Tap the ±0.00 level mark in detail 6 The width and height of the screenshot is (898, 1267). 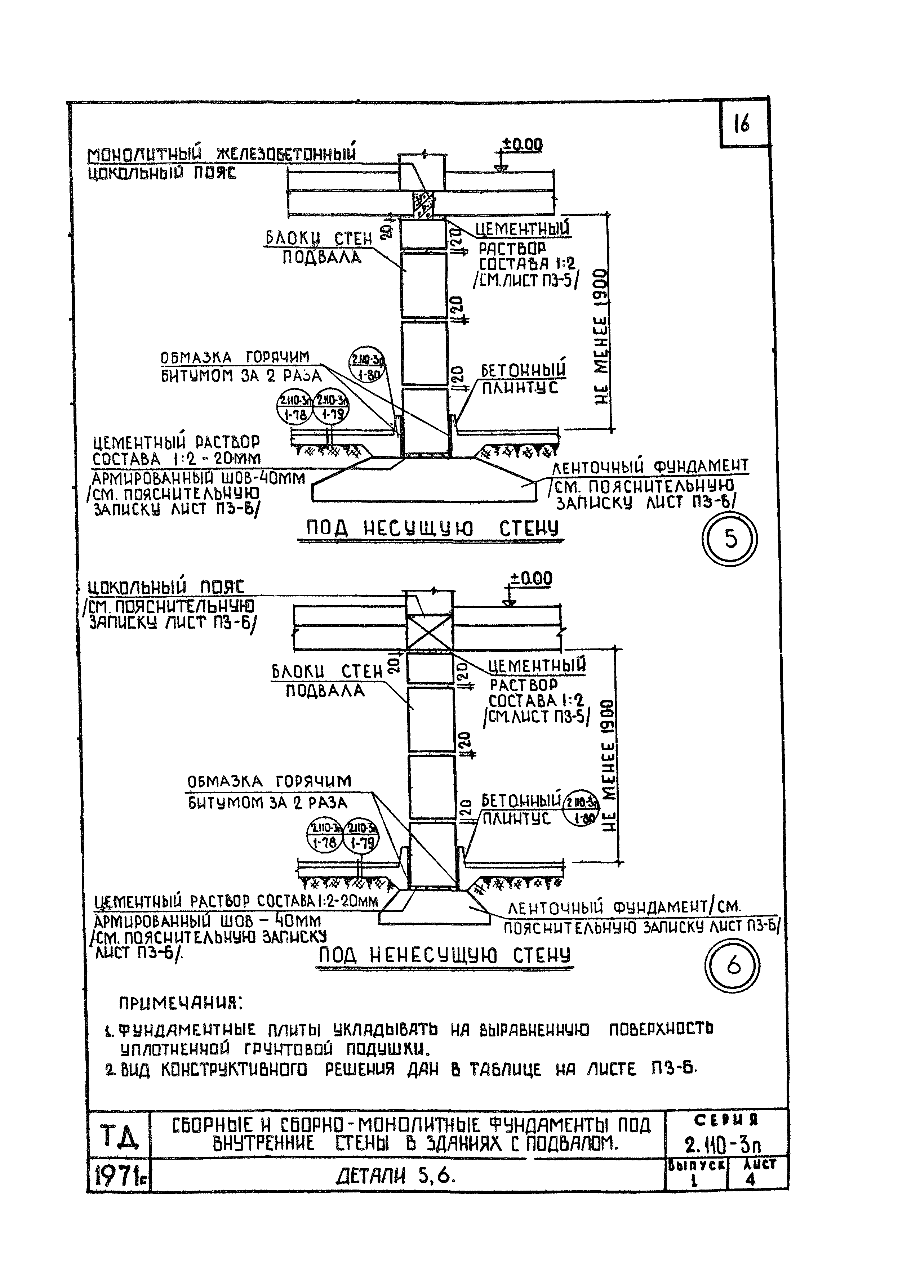pos(530,579)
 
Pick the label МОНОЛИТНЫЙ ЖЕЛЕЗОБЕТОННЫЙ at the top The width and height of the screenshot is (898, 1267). pos(221,154)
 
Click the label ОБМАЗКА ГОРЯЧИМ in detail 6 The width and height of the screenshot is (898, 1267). pos(269,782)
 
